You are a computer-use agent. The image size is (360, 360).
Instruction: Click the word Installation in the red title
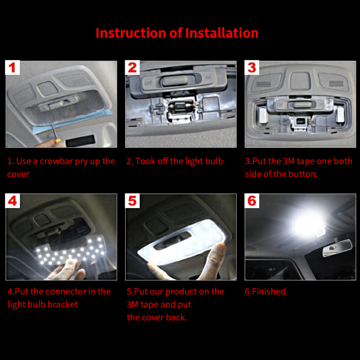222,33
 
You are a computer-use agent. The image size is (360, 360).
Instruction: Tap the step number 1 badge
12,67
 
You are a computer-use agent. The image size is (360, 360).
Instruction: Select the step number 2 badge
132,67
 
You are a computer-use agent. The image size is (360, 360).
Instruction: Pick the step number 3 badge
252,67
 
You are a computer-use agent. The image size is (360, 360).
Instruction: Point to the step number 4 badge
12,201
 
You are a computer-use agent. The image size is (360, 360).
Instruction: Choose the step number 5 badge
132,201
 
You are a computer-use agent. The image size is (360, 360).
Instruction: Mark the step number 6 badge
252,201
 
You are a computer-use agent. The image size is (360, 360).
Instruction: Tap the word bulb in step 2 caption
214,161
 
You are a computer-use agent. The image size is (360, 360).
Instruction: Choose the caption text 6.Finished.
266,292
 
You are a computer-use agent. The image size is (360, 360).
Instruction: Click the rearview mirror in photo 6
337,247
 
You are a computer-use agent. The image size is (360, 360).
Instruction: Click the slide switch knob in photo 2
174,81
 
